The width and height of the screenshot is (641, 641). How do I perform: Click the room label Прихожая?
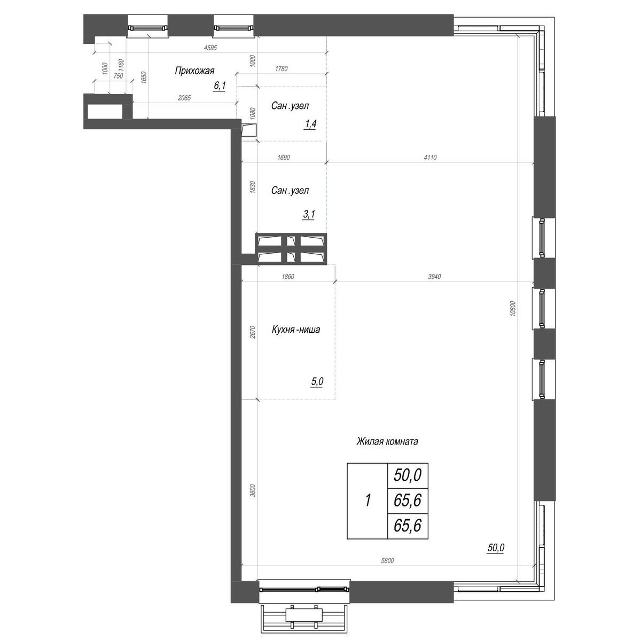coord(194,71)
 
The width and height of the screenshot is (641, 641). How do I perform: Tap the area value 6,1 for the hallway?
coord(219,85)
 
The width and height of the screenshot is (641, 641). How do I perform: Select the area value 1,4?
coord(310,124)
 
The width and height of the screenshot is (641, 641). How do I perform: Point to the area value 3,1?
coord(309,215)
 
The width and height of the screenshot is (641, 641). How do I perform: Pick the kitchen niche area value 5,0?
coord(316,382)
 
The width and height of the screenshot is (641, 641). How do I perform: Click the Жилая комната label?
coord(387,442)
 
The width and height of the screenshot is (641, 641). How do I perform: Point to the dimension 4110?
coord(431,158)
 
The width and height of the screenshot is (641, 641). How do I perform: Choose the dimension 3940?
coord(435,277)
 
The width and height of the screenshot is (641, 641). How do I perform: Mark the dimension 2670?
coord(253,332)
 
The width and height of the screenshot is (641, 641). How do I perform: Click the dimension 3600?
coord(253,490)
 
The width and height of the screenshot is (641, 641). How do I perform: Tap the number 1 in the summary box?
coord(368,501)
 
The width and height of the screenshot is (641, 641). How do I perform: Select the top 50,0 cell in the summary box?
coord(408,474)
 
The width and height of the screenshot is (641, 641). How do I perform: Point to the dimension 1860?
coord(287,277)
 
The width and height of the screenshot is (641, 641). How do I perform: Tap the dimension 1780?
coord(281,68)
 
